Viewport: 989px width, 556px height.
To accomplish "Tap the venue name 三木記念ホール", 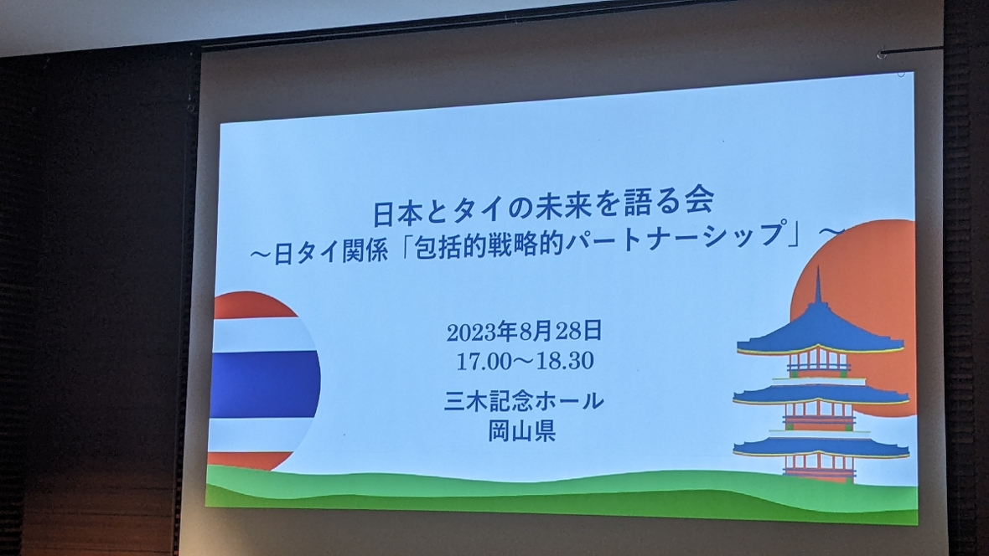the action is (x=524, y=401).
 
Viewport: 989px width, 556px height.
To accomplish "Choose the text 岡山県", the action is (x=521, y=431).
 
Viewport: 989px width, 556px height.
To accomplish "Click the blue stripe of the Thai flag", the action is (x=265, y=384).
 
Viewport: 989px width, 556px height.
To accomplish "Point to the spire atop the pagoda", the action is (x=818, y=285).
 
